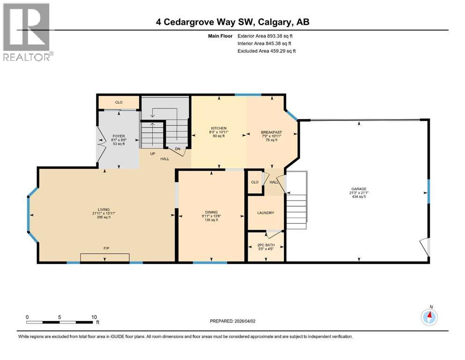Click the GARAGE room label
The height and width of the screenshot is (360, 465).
click(x=359, y=189)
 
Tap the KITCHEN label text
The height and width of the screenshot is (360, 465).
click(x=219, y=128)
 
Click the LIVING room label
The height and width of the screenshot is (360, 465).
click(x=103, y=210)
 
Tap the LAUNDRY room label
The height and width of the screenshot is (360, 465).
click(x=266, y=213)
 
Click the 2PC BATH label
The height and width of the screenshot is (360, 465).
click(x=266, y=245)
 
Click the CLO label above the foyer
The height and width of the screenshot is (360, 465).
click(x=118, y=102)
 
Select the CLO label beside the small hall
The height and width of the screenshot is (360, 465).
click(x=255, y=182)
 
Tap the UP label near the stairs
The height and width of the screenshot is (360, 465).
click(x=153, y=154)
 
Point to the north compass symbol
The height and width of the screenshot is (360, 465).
click(x=428, y=317)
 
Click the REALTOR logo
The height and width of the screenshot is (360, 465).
click(x=27, y=32)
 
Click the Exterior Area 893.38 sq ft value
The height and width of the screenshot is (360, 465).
click(x=266, y=36)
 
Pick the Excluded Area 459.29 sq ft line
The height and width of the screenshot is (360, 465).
click(x=266, y=51)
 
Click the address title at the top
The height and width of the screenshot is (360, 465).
click(x=233, y=22)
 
